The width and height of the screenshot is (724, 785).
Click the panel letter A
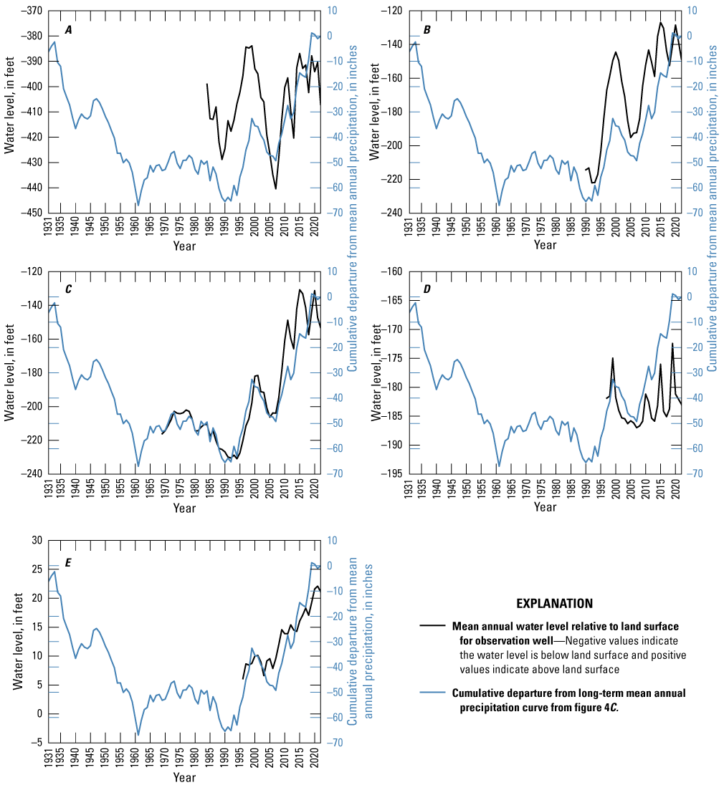pos(69,29)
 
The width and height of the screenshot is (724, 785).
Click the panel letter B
pos(427,29)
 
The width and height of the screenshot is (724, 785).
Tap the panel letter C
pos(69,289)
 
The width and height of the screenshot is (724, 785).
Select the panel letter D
pos(427,289)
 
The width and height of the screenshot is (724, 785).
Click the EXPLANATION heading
pos(555,604)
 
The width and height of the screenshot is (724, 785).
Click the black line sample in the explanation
pos(433,625)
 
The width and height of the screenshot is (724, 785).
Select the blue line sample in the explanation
pos(433,693)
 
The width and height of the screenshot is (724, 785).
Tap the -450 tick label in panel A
pos(31,213)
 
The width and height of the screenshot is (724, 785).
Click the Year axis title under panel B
pos(545,245)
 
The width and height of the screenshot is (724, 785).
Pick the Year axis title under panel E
pos(184,777)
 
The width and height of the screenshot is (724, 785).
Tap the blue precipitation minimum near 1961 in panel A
pos(138,206)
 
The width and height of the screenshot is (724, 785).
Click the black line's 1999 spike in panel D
pos(612,358)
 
